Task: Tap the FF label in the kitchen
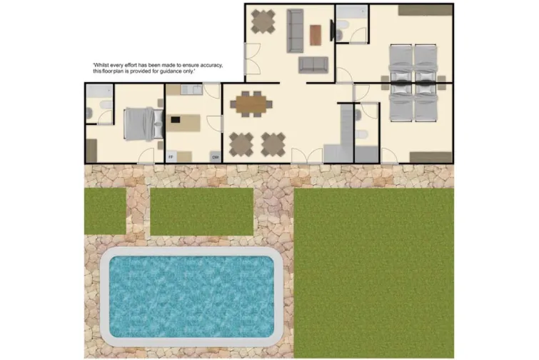pos(171,156)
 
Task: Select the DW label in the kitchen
pos(213,156)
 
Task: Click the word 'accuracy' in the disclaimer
pos(208,65)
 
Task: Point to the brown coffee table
pos(316,34)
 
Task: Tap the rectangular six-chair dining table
pos(251,104)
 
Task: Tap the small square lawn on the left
pos(105,211)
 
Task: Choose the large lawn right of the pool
pos(373,271)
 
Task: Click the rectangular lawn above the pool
pos(202,211)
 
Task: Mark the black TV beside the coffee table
pos(333,31)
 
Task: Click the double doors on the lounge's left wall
pos(251,59)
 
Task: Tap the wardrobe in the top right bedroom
pos(425,10)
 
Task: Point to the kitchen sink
pos(191,90)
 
